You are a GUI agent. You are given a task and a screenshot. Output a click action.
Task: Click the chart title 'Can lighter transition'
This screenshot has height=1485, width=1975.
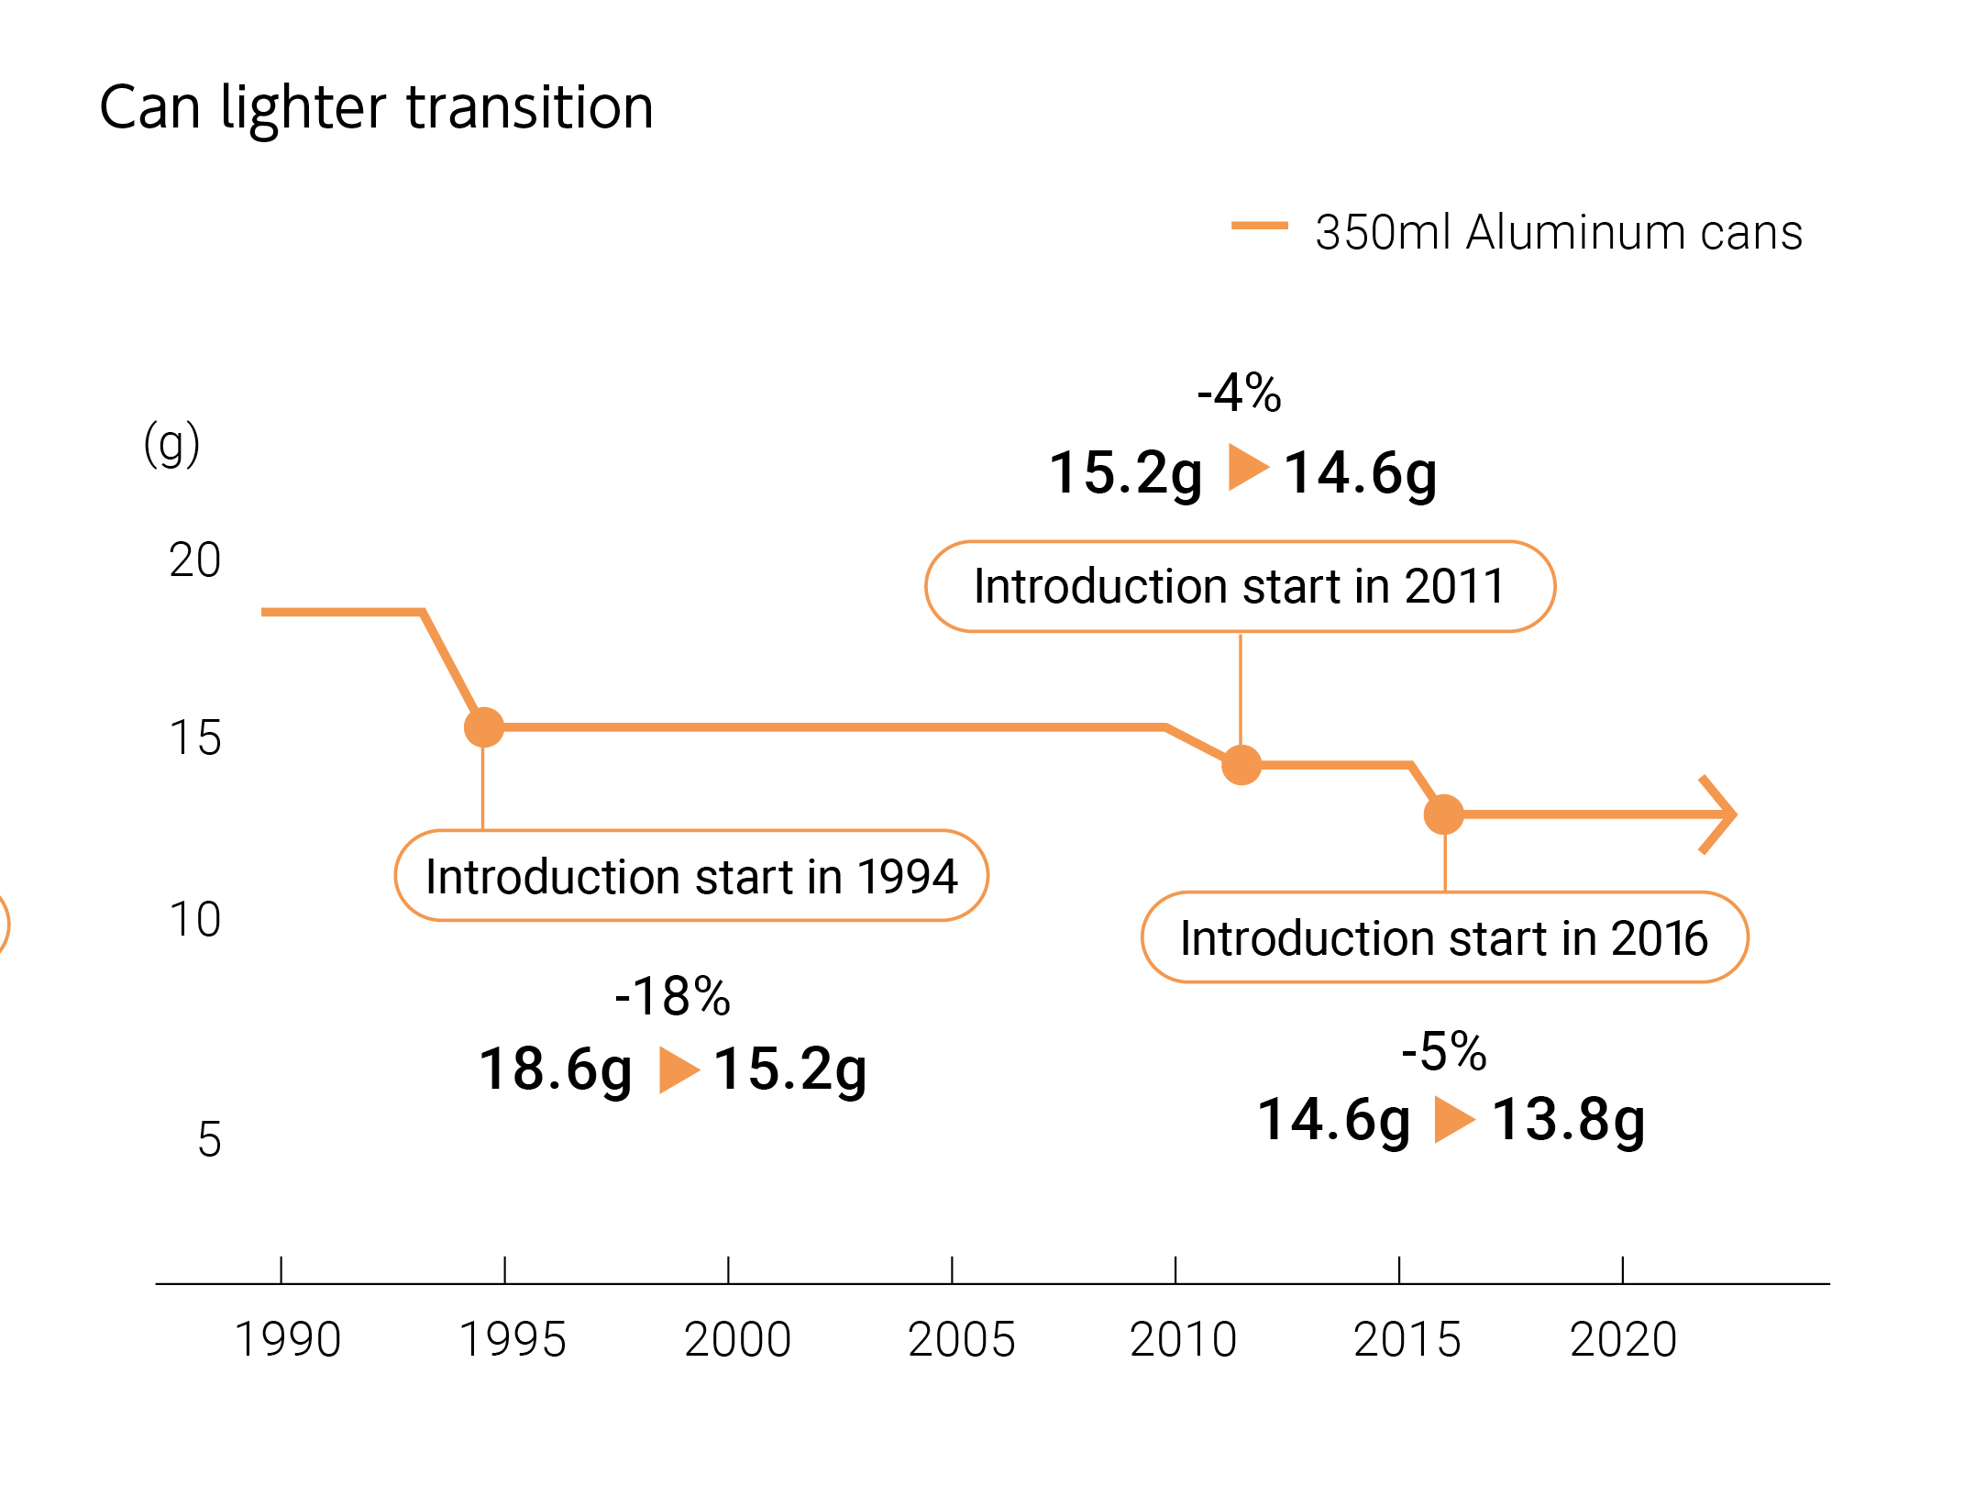coord(376,108)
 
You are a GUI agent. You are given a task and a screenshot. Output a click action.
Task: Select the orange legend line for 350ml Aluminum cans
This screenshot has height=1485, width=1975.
coord(1259,226)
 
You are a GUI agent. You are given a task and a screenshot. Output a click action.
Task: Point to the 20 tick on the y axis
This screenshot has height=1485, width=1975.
coord(194,560)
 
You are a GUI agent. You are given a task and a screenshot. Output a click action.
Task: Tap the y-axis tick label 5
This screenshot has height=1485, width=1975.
coord(209,1140)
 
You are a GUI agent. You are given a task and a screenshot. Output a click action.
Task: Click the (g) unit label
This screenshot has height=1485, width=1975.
coord(171,444)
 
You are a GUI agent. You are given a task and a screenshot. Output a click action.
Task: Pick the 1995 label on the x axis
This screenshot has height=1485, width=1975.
coord(512,1339)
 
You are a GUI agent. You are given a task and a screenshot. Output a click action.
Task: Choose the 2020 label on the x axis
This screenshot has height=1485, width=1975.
coord(1623,1339)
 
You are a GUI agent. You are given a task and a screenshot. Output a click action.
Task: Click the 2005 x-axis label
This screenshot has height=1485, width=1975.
coord(961,1339)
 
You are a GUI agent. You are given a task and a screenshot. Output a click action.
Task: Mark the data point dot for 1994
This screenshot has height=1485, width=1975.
coord(484,727)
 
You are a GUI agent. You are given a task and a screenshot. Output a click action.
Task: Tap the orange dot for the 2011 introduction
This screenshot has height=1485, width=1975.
coord(1241,765)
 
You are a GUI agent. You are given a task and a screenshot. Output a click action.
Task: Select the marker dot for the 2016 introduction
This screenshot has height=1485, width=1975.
coord(1444,815)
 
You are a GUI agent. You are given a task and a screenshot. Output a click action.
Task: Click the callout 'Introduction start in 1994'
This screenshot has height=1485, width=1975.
coord(691,876)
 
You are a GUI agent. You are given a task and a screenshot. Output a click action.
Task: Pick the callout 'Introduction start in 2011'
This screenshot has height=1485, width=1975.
coord(1240,586)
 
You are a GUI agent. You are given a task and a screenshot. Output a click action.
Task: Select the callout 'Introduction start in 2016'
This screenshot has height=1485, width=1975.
coord(1444,937)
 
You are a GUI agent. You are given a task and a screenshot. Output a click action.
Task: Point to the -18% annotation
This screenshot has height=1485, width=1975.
coord(672,996)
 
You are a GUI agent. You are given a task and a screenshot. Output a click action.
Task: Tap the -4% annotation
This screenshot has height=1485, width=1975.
coord(1239,393)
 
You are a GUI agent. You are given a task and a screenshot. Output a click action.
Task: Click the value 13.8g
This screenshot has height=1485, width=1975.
coord(1568,1120)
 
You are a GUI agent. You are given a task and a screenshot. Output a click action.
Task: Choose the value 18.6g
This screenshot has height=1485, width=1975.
coord(556,1069)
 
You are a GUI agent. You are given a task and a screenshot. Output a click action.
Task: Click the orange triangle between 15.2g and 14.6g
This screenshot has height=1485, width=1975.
coord(1247,467)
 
